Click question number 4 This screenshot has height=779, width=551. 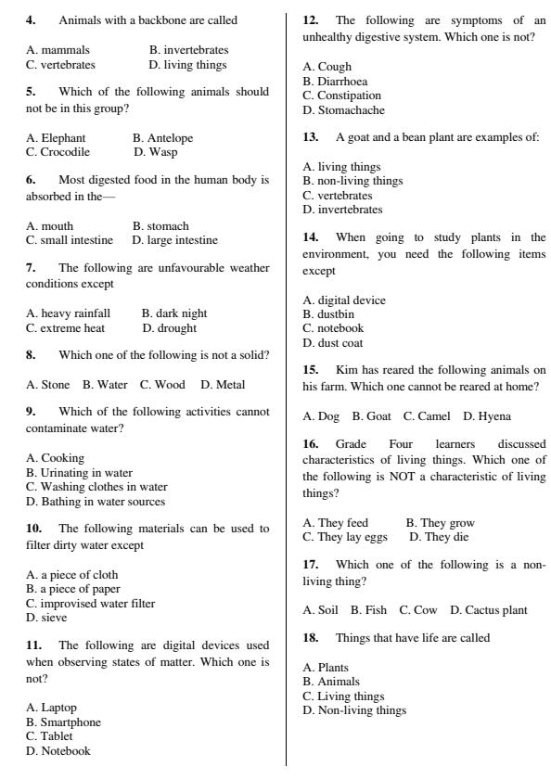point(32,19)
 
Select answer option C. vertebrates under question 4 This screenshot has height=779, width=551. point(60,65)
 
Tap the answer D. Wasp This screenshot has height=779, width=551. point(155,152)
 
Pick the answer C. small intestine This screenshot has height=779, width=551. point(70,240)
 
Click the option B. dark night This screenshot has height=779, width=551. point(174,313)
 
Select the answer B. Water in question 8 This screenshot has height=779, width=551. point(105,385)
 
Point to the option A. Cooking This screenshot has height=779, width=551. point(55,458)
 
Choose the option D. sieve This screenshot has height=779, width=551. point(46,618)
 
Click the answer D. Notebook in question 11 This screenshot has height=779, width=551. point(58,751)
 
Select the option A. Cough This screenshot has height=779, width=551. point(327,67)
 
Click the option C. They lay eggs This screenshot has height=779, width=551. point(345,537)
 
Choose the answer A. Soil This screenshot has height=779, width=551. point(320,610)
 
